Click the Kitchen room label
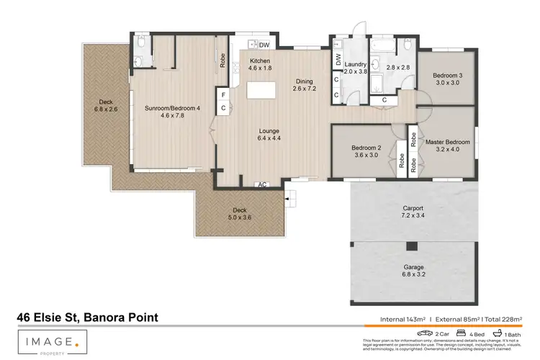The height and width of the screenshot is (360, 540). (x=260, y=61)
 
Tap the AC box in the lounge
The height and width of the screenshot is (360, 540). (x=263, y=185)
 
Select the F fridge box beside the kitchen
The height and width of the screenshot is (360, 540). (x=224, y=94)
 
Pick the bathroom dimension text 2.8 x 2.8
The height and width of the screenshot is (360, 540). (x=397, y=67)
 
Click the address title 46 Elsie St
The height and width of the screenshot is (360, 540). (x=87, y=318)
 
